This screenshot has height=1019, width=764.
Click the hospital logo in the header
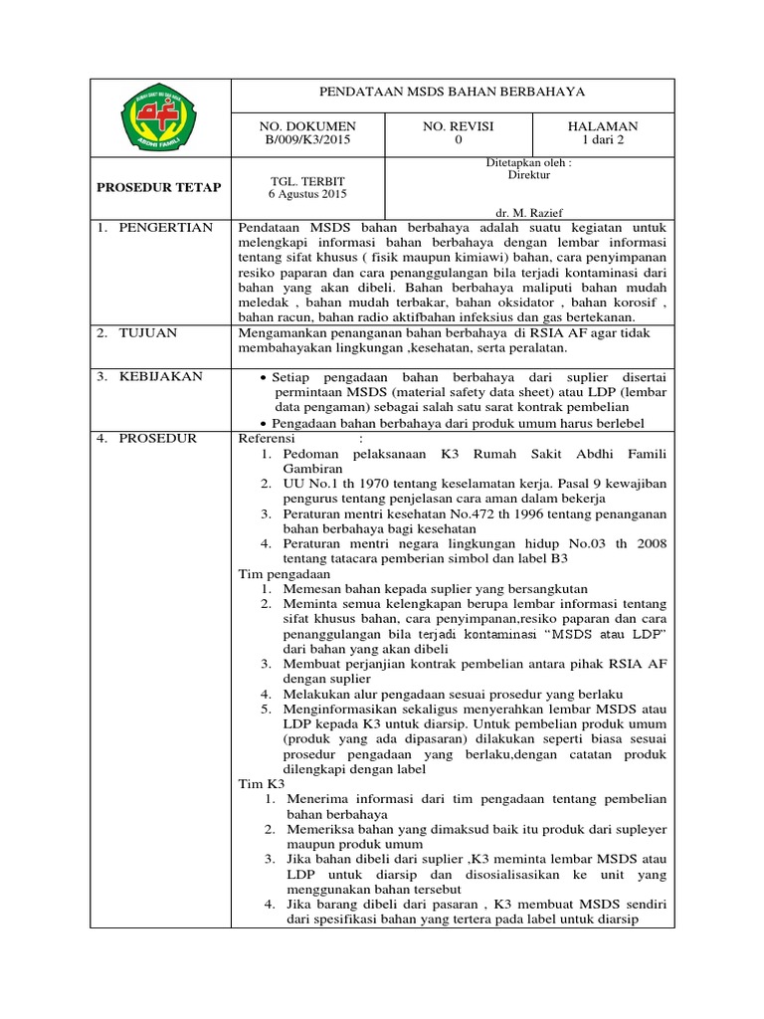pos(159,117)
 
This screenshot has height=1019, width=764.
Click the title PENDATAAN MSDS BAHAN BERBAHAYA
pos(452,93)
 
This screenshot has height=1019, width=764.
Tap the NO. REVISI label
pos(459,126)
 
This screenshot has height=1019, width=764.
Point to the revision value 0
pos(459,140)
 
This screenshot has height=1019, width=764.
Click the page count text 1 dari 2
pos(604,140)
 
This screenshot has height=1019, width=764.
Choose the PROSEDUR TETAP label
pos(159,187)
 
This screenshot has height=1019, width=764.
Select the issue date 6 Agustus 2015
pos(305,193)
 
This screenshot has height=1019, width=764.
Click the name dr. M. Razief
pos(528,212)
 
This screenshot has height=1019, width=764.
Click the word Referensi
pos(270,438)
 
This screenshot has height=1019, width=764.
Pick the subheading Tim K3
pos(262,784)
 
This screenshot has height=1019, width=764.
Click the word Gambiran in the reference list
pos(314,468)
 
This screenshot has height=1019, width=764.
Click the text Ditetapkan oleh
pos(528,162)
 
